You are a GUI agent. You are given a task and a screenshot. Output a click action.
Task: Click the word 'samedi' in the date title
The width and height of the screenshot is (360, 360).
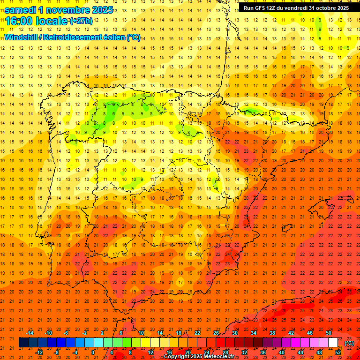(x=20, y=9)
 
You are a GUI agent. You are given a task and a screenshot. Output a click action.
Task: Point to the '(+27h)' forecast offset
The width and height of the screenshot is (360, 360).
(x=81, y=21)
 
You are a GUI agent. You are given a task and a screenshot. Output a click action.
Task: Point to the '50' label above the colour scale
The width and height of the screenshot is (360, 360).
(x=329, y=333)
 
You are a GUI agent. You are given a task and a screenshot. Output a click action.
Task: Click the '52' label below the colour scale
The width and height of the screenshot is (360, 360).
(x=338, y=352)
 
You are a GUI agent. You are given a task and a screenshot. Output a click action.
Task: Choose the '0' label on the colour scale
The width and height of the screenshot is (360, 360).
(x=93, y=352)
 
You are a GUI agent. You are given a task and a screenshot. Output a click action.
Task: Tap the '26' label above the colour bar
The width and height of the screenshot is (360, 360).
(x=216, y=333)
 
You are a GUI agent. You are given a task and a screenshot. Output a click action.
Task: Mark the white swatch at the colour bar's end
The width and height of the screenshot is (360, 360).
(x=333, y=343)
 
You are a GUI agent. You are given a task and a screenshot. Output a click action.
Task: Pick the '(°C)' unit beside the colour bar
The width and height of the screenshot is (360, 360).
(x=349, y=343)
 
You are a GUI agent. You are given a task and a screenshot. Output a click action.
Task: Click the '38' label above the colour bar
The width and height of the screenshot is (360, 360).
(x=272, y=333)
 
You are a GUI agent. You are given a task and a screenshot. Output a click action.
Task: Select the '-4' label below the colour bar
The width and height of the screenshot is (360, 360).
(x=75, y=352)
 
